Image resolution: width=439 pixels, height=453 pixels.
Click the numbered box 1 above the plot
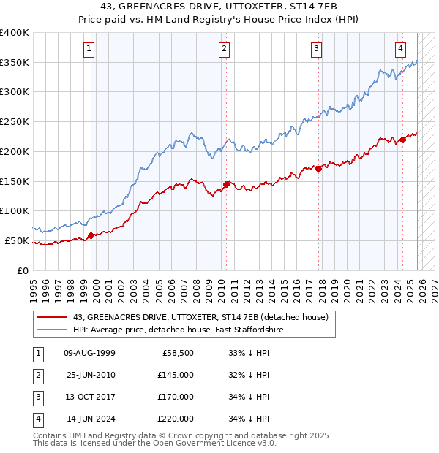click(89, 50)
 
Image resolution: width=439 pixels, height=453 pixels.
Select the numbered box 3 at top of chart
click(316, 50)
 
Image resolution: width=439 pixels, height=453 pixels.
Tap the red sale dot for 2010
click(227, 184)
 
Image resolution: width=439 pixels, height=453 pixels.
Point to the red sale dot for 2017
click(318, 169)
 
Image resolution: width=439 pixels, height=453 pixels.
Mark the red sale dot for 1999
click(91, 235)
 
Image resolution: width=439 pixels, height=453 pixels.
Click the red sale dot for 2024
click(402, 140)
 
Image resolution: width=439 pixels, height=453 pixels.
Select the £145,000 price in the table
click(175, 375)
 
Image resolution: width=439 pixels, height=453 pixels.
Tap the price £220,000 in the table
click(175, 419)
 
